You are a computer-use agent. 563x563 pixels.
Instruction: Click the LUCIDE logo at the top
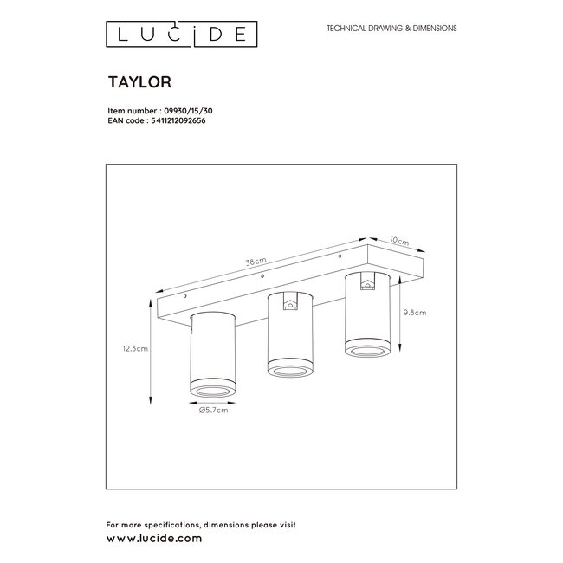[180, 34]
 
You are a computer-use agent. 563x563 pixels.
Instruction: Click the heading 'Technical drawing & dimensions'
[391, 29]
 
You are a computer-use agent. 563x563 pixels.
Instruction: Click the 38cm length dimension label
[256, 261]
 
